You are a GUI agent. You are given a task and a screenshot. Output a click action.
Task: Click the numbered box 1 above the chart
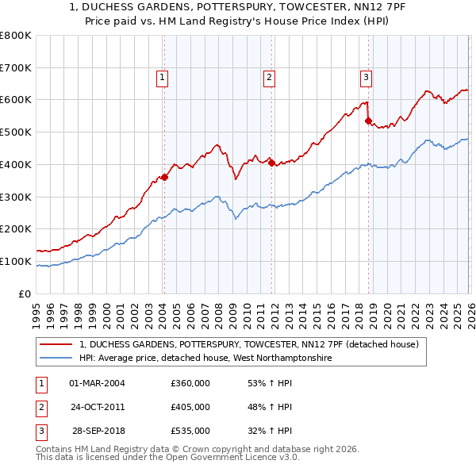[x=162, y=77]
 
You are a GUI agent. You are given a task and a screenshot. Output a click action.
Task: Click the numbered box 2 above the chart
[x=270, y=77]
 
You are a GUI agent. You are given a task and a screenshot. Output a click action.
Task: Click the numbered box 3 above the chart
[x=366, y=77]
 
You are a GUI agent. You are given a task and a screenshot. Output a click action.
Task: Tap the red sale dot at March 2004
[x=164, y=177]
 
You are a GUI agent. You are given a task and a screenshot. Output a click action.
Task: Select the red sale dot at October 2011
[x=271, y=163]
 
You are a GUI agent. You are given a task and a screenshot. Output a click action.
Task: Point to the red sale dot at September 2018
[x=368, y=121]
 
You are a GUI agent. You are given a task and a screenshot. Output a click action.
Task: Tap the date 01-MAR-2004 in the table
[x=98, y=383]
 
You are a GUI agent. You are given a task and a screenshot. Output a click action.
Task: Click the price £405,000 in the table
[x=190, y=407]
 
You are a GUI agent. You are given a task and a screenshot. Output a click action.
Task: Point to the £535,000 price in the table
[x=190, y=431]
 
